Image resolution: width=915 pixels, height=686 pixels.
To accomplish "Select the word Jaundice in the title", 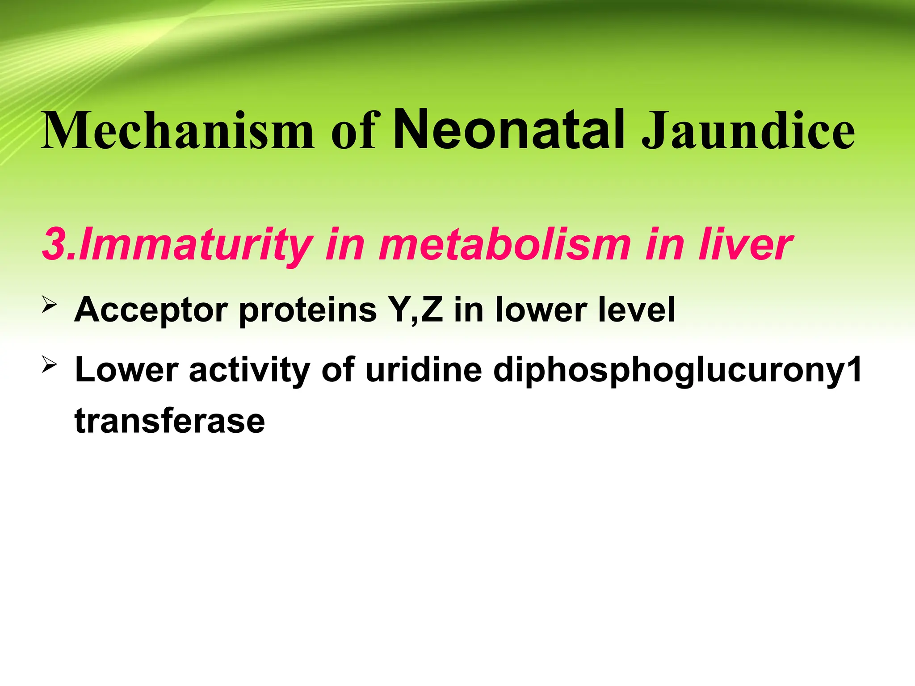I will coord(748,130).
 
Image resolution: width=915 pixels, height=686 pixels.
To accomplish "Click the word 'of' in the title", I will coord(355,130).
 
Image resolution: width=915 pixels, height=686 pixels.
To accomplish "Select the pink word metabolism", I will coord(504,244).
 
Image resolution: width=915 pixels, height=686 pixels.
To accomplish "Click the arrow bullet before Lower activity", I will coord(50,365).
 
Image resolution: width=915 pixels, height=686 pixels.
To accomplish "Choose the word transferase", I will coord(170,421).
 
